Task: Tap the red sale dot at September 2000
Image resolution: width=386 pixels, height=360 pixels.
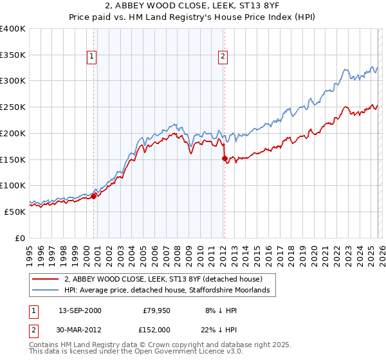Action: (x=93, y=196)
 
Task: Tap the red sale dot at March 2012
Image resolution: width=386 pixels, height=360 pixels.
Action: (x=225, y=158)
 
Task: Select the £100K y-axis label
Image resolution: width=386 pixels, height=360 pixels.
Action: (x=13, y=185)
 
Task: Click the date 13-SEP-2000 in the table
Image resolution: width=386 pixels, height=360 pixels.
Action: (x=80, y=310)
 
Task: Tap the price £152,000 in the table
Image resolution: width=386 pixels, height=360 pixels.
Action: (x=156, y=329)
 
